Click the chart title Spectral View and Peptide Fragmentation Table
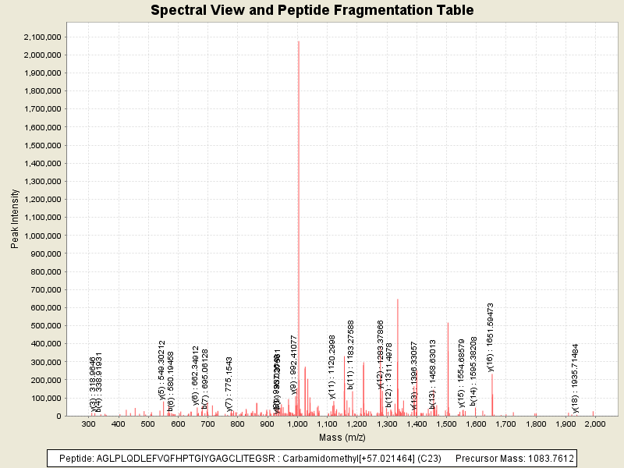[312, 10]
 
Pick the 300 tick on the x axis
[88, 424]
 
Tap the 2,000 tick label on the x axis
[595, 424]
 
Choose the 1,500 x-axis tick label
[446, 424]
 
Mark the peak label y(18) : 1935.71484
[576, 378]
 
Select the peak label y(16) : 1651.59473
[491, 338]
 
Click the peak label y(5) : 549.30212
[162, 370]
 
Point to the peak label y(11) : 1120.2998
[332, 367]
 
